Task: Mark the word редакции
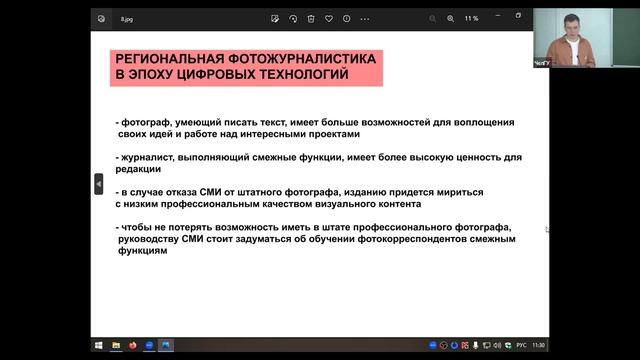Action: [142, 169]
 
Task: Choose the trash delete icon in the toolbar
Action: [311, 17]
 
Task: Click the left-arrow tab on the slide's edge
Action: [98, 184]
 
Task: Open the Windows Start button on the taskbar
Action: [100, 345]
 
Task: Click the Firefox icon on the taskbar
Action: [132, 345]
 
